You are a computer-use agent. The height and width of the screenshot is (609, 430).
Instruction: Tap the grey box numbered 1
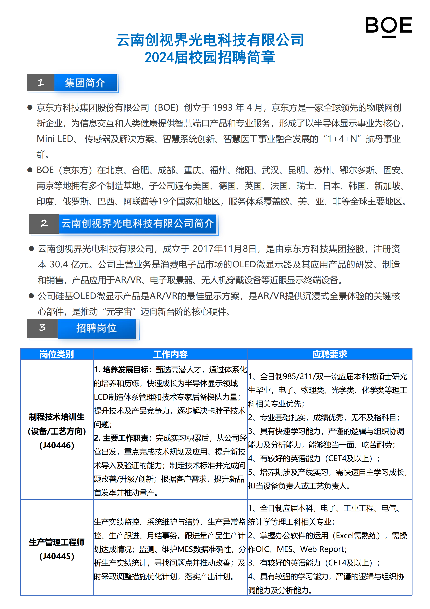coord(41,82)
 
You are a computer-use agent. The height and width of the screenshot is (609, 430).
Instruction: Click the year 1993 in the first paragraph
coord(223,108)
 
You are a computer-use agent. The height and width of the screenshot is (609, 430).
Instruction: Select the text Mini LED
coord(55,139)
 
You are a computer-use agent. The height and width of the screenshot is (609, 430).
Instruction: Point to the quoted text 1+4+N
coord(342,139)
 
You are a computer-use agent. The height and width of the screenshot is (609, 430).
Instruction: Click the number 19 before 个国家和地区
coord(163,202)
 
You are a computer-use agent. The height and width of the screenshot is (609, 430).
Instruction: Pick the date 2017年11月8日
coord(224,249)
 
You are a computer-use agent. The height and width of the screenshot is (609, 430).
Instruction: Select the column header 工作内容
coord(170,354)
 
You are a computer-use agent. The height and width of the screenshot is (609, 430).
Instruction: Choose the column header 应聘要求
coord(330,354)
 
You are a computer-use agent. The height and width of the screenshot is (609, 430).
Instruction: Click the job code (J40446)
coord(57,445)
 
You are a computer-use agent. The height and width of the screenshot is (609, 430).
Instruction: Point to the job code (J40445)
coord(57,556)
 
